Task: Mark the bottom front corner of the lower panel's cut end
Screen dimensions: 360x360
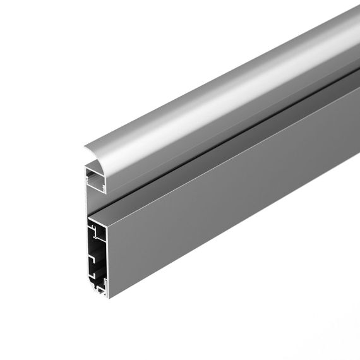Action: coord(107,297)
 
